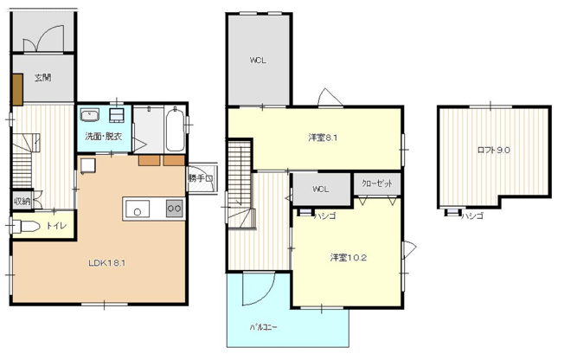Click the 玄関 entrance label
pyautogui.click(x=42, y=79)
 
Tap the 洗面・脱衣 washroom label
pyautogui.click(x=102, y=137)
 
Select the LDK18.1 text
pyautogui.click(x=107, y=263)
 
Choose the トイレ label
pyautogui.click(x=55, y=226)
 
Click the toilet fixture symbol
pyautogui.click(x=25, y=227)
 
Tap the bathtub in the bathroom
pyautogui.click(x=171, y=128)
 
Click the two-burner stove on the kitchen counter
pyautogui.click(x=174, y=209)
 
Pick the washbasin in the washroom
pyautogui.click(x=89, y=115)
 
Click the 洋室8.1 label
pyautogui.click(x=324, y=138)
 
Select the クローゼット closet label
pyautogui.click(x=377, y=184)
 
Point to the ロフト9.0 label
pyautogui.click(x=493, y=150)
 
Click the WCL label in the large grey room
pyautogui.click(x=258, y=60)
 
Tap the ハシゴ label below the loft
pyautogui.click(x=471, y=215)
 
